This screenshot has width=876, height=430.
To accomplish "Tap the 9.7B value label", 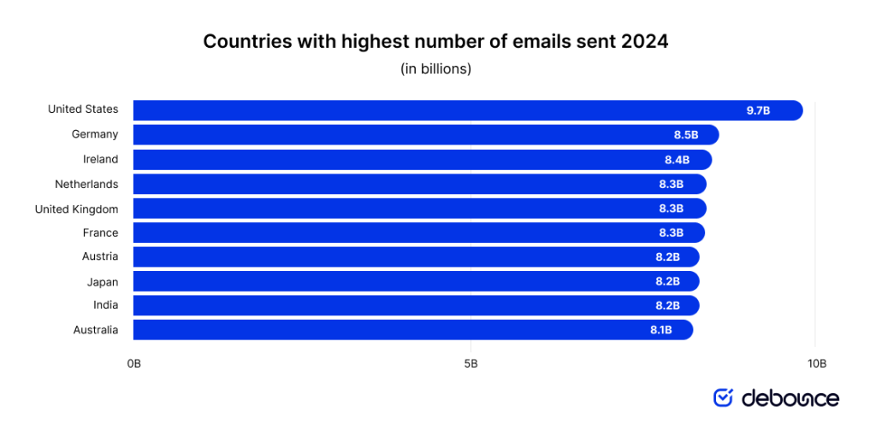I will (x=758, y=110).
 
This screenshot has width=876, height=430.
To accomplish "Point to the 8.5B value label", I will (x=686, y=134).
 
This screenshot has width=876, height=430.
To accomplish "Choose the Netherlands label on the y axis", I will (x=86, y=184).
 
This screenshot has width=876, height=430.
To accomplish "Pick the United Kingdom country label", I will (x=76, y=209).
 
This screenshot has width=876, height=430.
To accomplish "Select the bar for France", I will (x=411, y=233).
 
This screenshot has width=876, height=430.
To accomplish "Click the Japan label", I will (x=103, y=281).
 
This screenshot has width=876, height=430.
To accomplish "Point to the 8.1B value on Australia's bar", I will (x=661, y=330).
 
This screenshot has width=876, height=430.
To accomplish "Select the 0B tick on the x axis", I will (x=133, y=363).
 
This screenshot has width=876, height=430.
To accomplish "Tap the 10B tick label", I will (x=817, y=363).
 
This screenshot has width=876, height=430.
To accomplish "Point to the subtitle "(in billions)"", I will (x=435, y=69).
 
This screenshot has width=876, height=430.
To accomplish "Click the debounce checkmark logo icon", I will (x=724, y=398).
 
